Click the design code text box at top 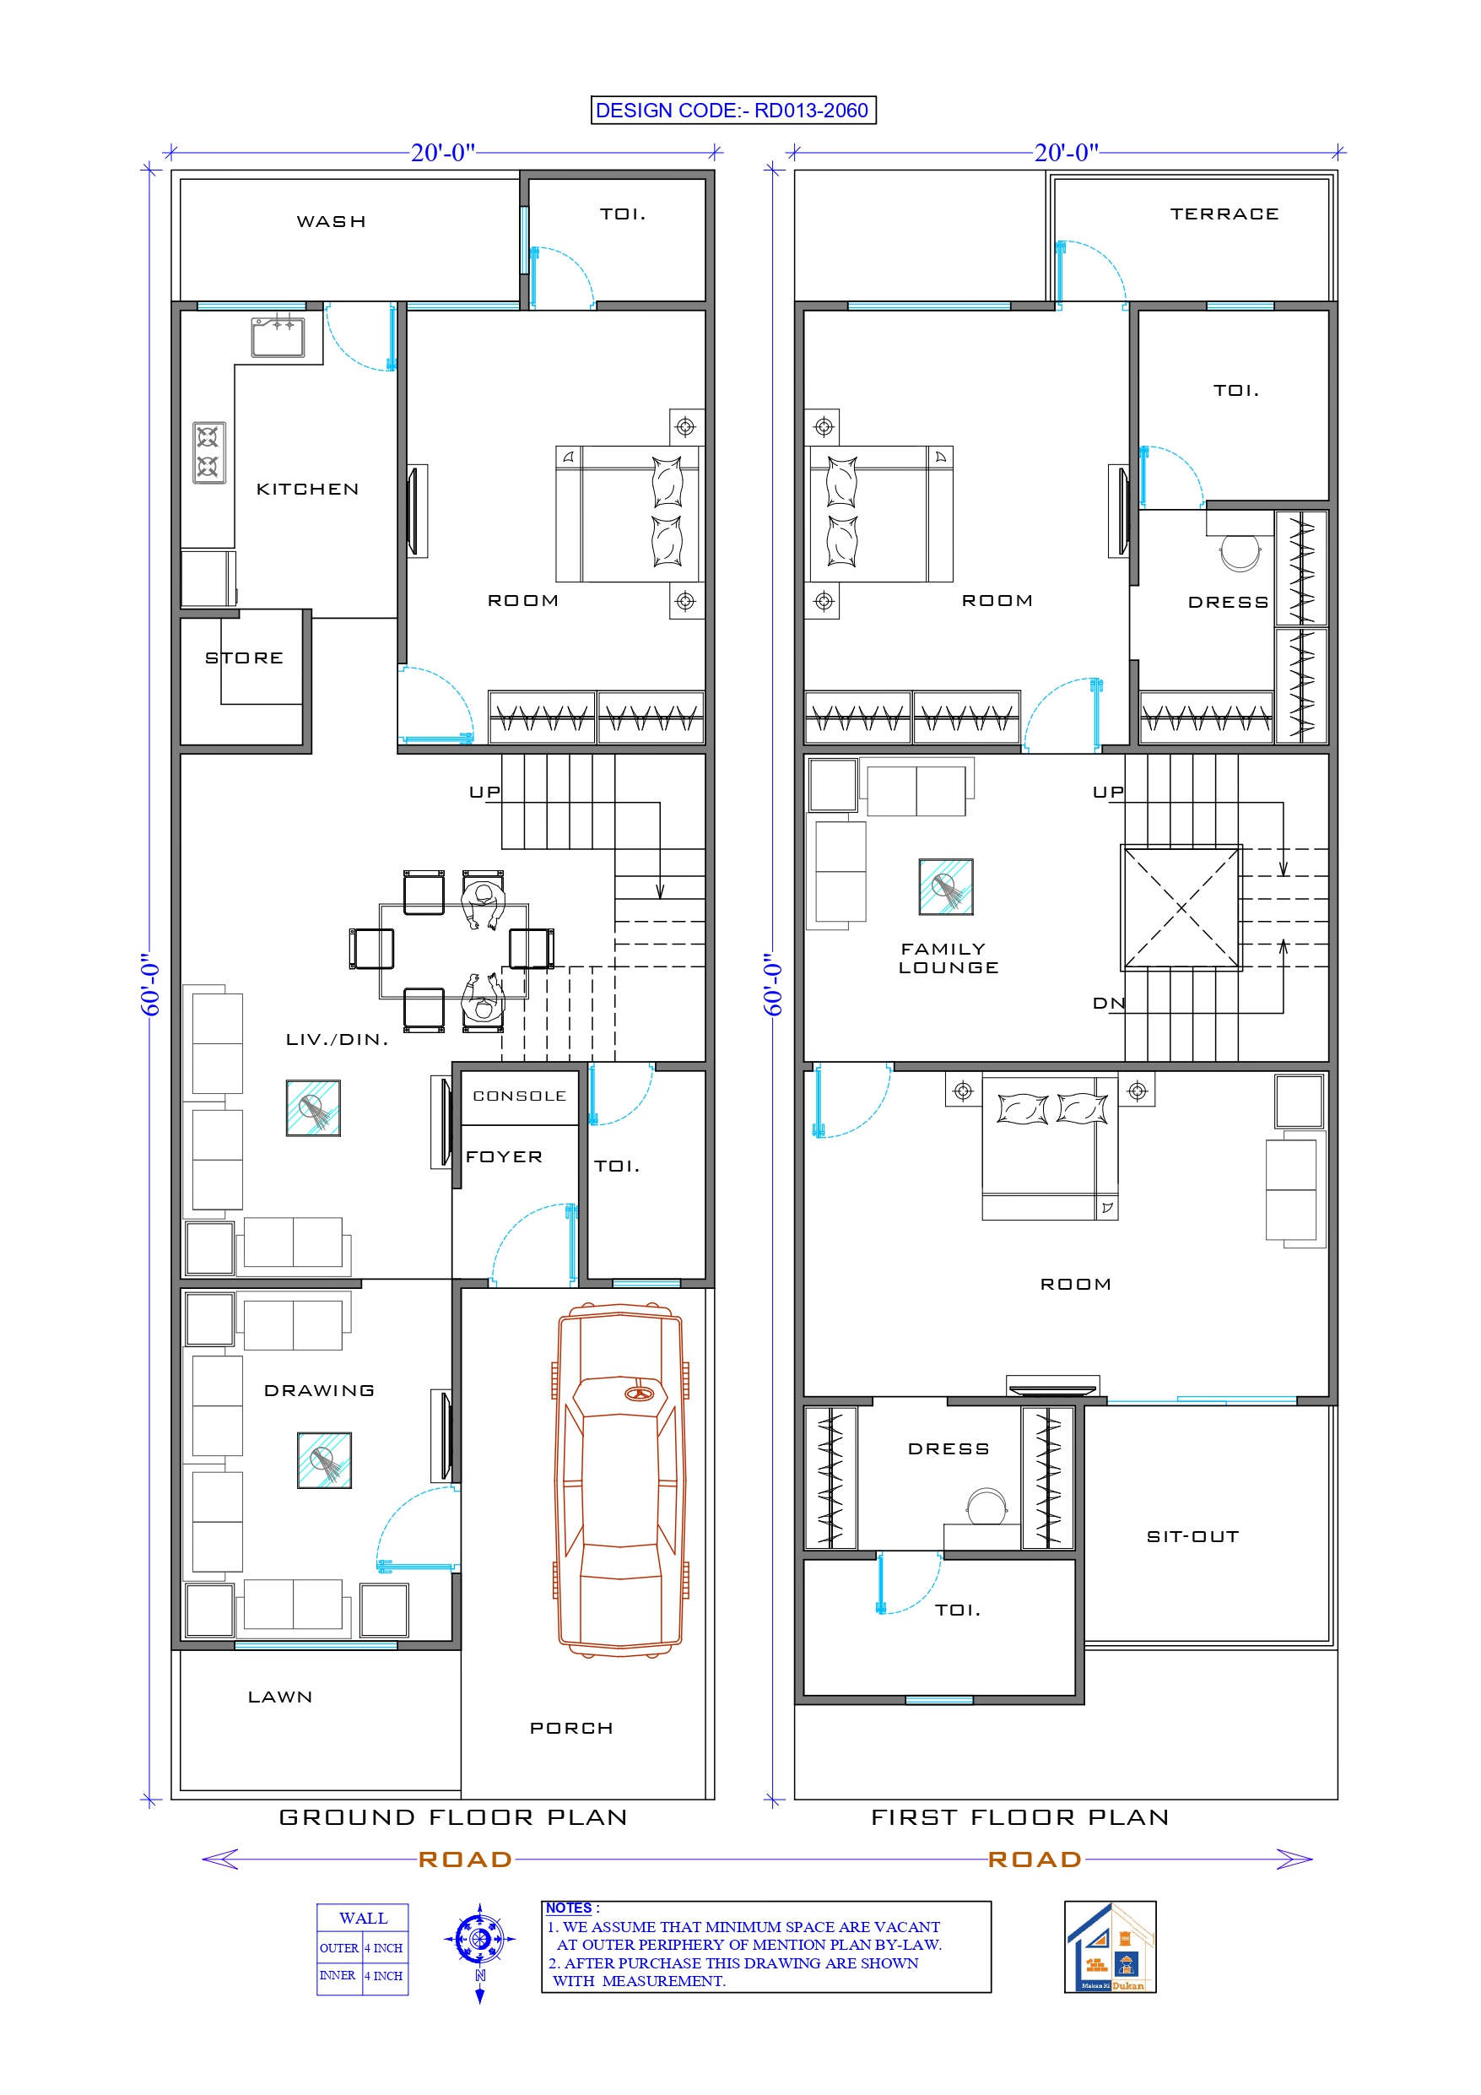(x=732, y=111)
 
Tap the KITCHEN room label (x=307, y=489)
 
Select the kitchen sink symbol (x=278, y=337)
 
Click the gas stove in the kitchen (x=209, y=452)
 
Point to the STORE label (x=244, y=658)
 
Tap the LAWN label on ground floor (x=280, y=1697)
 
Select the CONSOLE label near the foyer (x=519, y=1096)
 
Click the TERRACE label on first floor (x=1224, y=214)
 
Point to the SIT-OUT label (x=1192, y=1536)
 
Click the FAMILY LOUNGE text (x=949, y=958)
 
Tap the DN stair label (x=1109, y=1004)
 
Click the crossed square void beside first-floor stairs (x=1181, y=908)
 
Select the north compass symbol (x=480, y=1940)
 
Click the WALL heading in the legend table (x=362, y=1918)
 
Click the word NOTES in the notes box (x=569, y=1908)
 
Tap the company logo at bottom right (x=1110, y=1947)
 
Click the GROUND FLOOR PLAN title (x=453, y=1817)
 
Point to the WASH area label (x=332, y=222)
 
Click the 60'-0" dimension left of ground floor (x=150, y=985)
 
